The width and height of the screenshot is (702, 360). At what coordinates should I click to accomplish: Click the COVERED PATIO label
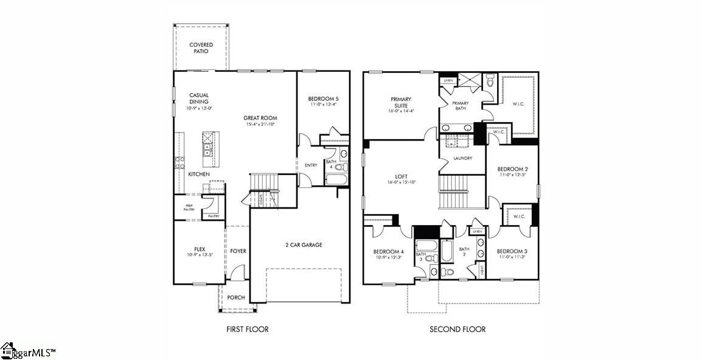click(x=201, y=48)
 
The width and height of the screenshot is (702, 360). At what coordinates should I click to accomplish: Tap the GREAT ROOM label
click(x=260, y=118)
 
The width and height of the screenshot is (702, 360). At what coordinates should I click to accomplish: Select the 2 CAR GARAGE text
click(x=304, y=245)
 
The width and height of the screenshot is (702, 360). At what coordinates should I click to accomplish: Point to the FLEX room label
click(x=200, y=249)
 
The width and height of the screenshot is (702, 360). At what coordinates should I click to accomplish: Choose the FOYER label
click(x=238, y=251)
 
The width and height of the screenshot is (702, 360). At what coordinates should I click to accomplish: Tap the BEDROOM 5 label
click(x=323, y=99)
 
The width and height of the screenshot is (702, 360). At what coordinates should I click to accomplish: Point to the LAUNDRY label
click(x=463, y=159)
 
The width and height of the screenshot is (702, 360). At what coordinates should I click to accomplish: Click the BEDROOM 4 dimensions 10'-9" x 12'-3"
click(x=388, y=258)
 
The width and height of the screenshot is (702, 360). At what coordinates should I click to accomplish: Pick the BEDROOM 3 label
click(x=512, y=251)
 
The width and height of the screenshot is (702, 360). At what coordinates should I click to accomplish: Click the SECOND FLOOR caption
click(x=457, y=329)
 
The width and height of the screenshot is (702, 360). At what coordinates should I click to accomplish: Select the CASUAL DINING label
click(x=199, y=99)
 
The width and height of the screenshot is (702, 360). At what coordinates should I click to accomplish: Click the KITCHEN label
click(x=199, y=175)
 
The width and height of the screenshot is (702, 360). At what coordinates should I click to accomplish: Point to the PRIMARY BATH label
click(x=460, y=106)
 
